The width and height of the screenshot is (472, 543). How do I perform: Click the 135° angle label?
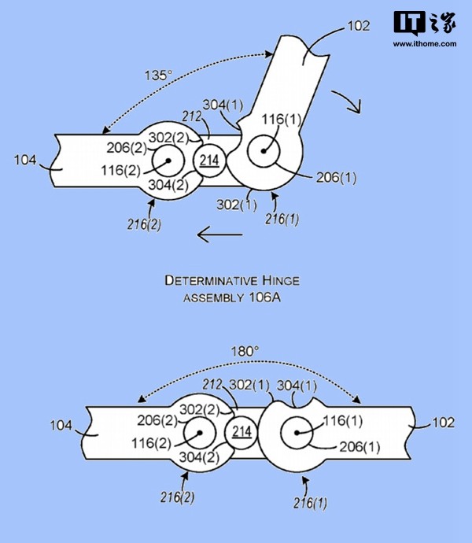pyautogui.click(x=158, y=75)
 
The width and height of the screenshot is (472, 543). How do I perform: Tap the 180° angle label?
pyautogui.click(x=245, y=352)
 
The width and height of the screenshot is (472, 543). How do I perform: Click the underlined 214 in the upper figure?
pyautogui.click(x=209, y=161)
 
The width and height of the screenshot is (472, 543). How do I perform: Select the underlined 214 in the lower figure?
pyautogui.click(x=242, y=432)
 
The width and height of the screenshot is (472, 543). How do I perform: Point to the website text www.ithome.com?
pyautogui.click(x=425, y=44)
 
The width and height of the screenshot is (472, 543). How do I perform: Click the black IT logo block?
pyautogui.click(x=410, y=23)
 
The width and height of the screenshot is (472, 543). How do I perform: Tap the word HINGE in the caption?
pyautogui.click(x=281, y=280)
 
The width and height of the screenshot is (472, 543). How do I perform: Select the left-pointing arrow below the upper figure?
pyautogui.click(x=219, y=235)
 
